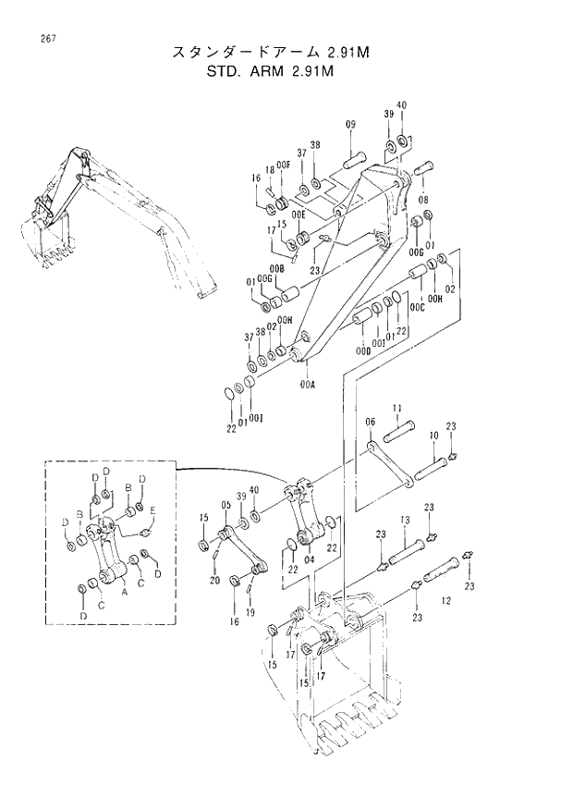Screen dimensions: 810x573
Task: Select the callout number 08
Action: [423, 199]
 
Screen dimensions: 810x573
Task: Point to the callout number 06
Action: [370, 423]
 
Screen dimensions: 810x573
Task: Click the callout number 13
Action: [404, 522]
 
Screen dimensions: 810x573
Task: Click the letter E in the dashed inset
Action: [152, 510]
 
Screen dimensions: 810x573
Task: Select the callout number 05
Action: [224, 506]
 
